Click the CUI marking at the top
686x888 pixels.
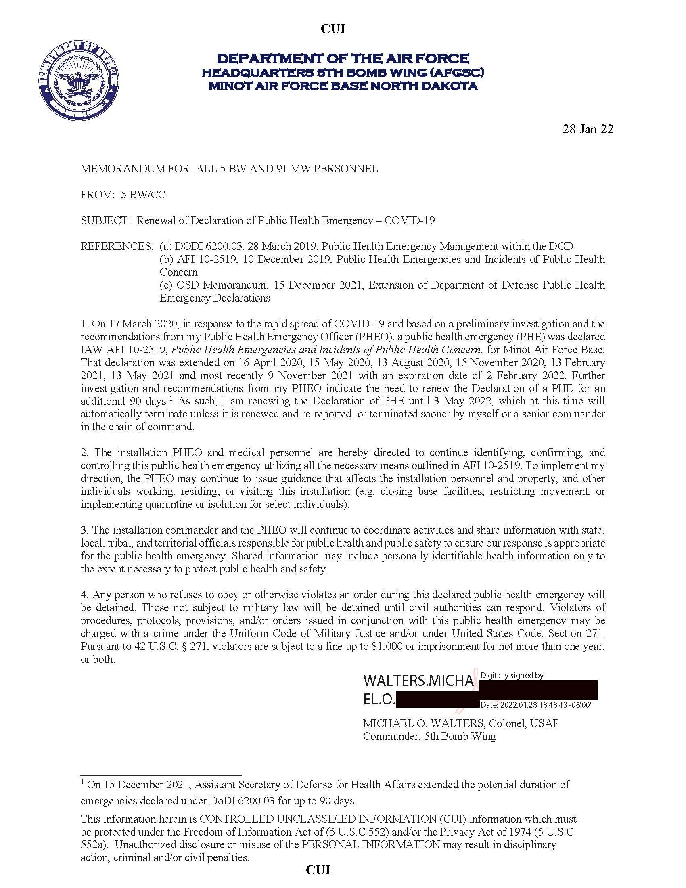point(333,29)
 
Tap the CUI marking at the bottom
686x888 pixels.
point(318,870)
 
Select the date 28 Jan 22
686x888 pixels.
point(588,129)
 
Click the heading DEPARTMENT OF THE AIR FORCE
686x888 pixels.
point(343,59)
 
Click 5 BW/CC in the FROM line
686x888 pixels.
point(143,195)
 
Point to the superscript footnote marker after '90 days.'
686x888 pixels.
point(171,399)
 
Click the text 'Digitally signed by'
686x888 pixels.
point(512,676)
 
